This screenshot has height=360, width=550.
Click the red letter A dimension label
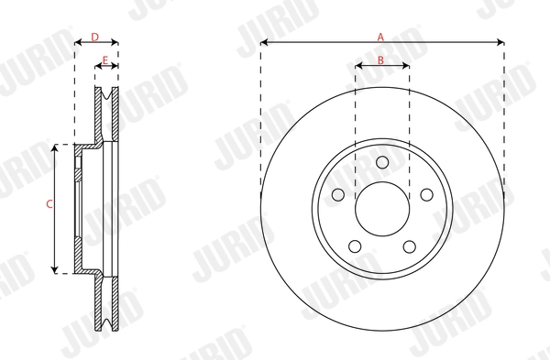[381, 37]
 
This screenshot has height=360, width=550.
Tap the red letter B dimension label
[381, 60]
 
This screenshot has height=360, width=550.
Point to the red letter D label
[95, 37]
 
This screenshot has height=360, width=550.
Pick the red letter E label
[106, 60]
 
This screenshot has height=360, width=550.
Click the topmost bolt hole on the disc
[382, 163]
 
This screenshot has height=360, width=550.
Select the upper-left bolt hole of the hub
[338, 195]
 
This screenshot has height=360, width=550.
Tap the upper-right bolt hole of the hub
[426, 195]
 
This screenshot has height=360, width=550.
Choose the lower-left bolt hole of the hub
[355, 246]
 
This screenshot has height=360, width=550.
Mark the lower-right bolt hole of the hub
[410, 246]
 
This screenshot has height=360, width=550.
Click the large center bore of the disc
[382, 209]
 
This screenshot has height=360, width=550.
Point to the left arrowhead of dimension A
[264, 42]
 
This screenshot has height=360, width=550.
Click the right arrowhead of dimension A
[500, 42]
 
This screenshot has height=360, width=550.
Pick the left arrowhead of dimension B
[358, 66]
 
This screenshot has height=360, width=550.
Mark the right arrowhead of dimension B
[406, 66]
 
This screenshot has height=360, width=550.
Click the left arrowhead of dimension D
[77, 42]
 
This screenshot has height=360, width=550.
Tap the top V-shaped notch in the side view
[107, 94]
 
